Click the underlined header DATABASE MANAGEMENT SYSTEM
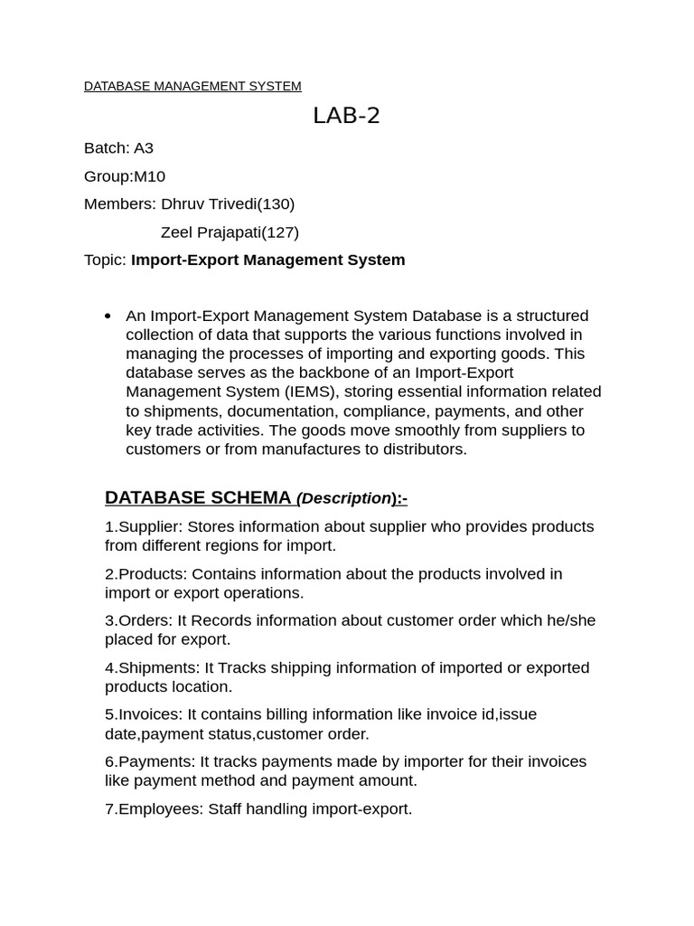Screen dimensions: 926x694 [192, 86]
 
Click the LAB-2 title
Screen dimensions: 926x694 [346, 116]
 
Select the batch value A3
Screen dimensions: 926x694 [144, 148]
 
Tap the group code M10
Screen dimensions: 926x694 [149, 176]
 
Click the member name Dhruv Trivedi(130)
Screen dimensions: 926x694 [228, 204]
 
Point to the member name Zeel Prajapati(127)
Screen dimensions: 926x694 [230, 232]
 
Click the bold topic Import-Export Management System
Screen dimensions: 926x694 [267, 260]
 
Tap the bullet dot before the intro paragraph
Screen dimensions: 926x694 [108, 317]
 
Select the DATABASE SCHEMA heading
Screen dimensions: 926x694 [198, 497]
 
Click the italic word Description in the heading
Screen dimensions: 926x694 [345, 498]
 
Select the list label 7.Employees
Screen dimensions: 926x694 [155, 808]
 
